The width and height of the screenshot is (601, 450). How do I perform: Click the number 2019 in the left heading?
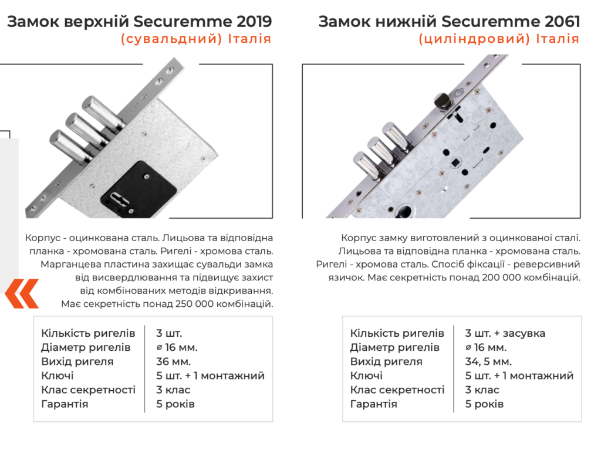tap(254, 22)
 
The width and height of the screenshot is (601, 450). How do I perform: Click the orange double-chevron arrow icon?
tap(22, 293)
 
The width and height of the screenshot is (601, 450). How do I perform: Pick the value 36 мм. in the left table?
tap(173, 361)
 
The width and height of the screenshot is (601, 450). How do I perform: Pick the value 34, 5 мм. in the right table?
tap(488, 361)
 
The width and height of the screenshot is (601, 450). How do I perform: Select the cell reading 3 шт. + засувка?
tap(505, 333)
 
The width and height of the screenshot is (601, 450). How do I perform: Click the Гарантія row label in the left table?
tap(65, 404)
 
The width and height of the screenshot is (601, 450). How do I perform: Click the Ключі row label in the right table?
tap(366, 375)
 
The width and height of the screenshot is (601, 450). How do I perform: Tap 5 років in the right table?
tap(484, 404)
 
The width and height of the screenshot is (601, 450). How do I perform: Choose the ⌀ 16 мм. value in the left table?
tap(177, 347)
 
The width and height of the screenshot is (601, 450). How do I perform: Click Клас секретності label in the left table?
tap(88, 390)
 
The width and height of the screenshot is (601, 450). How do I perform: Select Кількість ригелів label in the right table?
tap(397, 333)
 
